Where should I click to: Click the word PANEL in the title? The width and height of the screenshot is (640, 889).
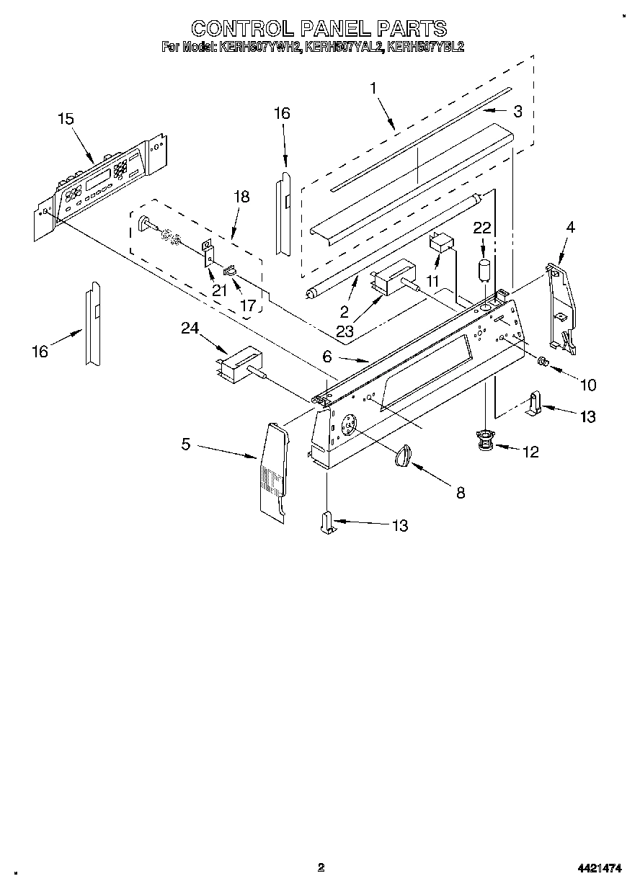click(x=332, y=28)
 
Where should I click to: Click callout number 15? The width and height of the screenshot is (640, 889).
click(x=66, y=119)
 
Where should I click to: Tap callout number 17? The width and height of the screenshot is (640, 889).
click(x=247, y=305)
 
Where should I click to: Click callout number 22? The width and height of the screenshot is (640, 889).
click(x=481, y=228)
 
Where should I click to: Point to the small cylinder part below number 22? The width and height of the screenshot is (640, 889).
click(x=484, y=272)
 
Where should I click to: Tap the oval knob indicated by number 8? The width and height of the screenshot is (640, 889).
click(x=404, y=456)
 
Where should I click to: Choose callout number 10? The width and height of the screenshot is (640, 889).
click(x=588, y=385)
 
